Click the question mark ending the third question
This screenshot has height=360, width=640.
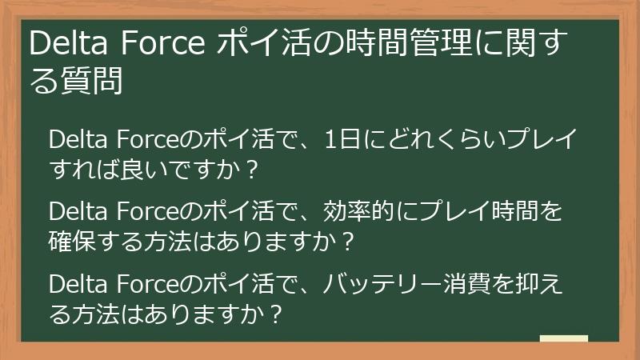click(x=275, y=313)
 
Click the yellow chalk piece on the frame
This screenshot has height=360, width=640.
click(x=564, y=339)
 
